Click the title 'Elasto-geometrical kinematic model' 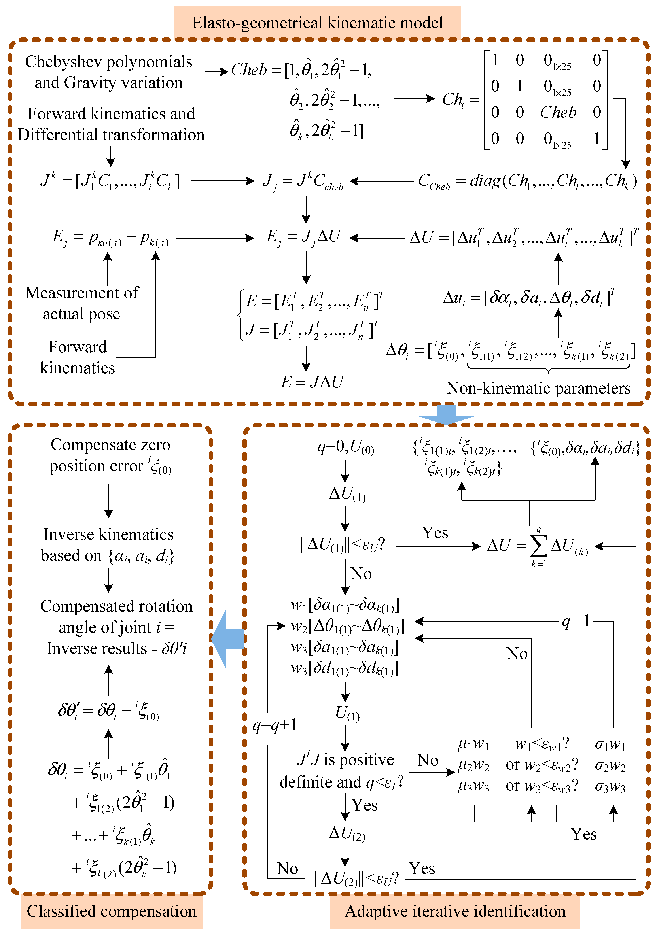pyautogui.click(x=317, y=23)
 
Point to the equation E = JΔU pyautogui.click(x=312, y=382)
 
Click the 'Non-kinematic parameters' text pyautogui.click(x=539, y=388)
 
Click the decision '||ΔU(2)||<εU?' pyautogui.click(x=356, y=878)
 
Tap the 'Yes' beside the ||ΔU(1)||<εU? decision pyautogui.click(x=435, y=533)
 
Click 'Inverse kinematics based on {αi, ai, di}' pyautogui.click(x=108, y=545)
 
